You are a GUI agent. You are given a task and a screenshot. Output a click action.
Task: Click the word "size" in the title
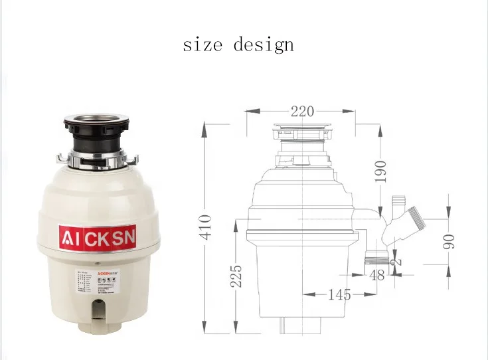click(203, 45)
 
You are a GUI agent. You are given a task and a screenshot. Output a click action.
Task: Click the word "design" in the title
click(263, 46)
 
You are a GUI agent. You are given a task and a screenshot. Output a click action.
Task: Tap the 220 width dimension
click(301, 112)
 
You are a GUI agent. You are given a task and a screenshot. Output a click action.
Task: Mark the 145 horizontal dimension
click(338, 294)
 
